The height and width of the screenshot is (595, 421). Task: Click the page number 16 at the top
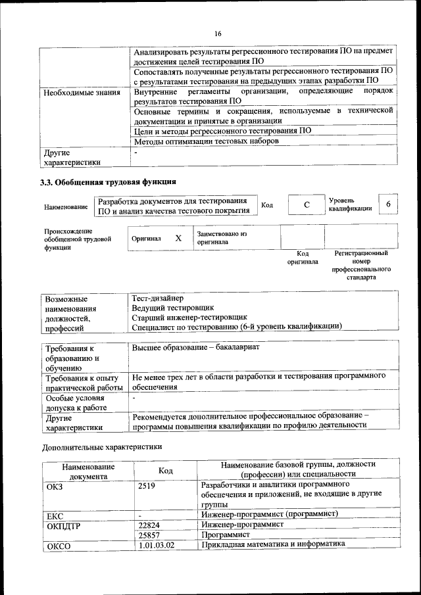[218, 34]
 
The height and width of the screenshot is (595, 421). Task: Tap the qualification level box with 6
[388, 204]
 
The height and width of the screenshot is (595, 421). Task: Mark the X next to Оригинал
[178, 238]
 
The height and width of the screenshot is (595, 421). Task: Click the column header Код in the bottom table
[166, 471]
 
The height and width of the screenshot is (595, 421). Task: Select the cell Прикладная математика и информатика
[273, 544]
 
